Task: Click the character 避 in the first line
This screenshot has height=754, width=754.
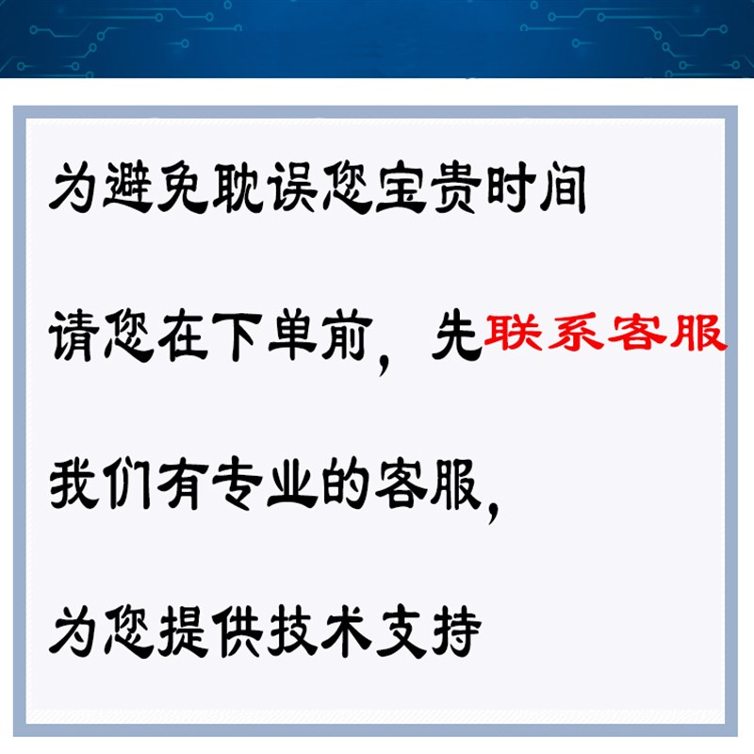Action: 128,187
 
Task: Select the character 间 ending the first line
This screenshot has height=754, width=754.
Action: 563,188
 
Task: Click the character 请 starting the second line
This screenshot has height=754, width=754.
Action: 74,336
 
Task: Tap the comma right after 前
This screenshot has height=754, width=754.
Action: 384,366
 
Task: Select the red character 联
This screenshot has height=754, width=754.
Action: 512,331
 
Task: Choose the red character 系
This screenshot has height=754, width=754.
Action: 575,331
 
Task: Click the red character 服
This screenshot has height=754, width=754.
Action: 698,332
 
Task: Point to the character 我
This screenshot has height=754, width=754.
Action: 74,484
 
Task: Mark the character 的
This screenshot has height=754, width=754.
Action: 346,484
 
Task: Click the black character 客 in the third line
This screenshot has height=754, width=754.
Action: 401,484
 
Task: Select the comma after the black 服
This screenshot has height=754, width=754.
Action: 493,513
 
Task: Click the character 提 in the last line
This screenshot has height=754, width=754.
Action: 183,631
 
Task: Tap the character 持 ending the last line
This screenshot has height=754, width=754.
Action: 456,631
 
